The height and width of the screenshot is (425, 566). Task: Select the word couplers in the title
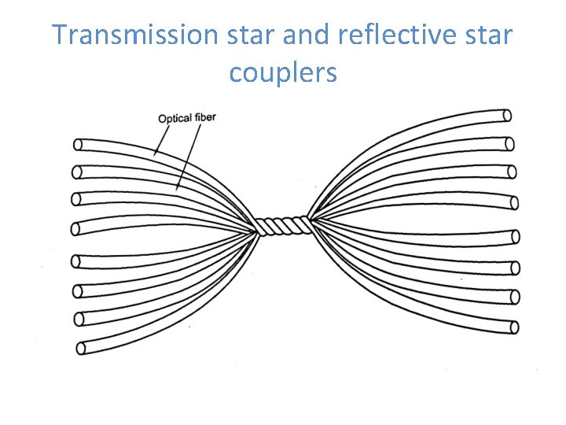coord(283,72)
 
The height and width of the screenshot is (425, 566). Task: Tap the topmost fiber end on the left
coord(78,144)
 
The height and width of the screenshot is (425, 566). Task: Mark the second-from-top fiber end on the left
coord(77,171)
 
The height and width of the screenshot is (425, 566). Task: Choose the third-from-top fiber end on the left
coord(77,198)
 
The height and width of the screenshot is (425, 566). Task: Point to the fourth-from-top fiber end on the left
coord(75,228)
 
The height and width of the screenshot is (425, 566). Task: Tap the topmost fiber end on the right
coord(507,116)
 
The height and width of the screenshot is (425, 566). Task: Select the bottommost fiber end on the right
coord(515,326)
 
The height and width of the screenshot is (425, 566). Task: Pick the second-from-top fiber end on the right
coord(509,144)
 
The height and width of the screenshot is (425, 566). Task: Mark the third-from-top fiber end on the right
coord(511,171)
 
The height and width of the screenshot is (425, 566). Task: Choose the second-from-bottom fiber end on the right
coord(516,297)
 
